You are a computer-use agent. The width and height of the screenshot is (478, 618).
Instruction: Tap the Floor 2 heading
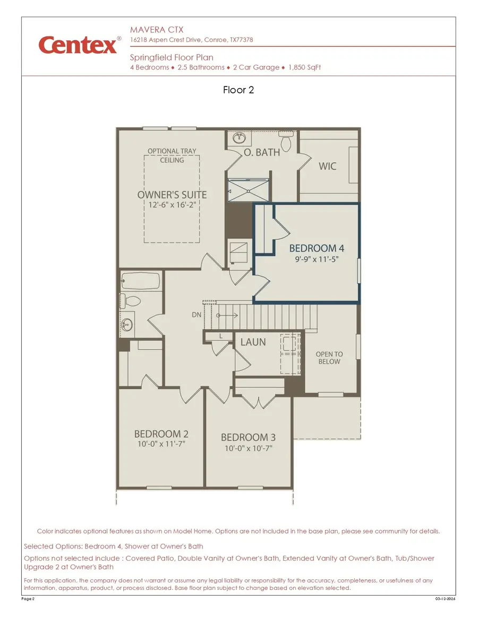pos(238,90)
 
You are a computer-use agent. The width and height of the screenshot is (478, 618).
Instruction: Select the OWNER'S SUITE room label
pos(172,195)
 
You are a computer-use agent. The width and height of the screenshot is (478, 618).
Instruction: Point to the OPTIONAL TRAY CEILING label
pos(172,155)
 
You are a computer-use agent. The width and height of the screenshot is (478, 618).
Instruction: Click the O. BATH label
pos(262,152)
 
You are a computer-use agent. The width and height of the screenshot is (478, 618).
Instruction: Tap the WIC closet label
pos(327,166)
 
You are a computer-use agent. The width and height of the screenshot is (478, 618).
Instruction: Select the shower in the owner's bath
pos(248,189)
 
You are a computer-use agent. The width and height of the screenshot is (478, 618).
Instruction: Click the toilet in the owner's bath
pos(286,142)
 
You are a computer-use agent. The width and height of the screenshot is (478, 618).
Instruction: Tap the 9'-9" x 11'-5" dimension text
pos(317,260)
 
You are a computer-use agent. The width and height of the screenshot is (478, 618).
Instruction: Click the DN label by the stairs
pos(197,315)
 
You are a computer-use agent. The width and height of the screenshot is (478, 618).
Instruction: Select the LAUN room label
pos(253,342)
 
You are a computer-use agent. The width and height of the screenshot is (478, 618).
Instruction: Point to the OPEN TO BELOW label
pos(329,358)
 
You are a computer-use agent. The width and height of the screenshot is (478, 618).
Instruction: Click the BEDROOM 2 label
pos(161,433)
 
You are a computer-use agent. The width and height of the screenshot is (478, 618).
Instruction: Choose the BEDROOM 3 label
pos(248,437)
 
